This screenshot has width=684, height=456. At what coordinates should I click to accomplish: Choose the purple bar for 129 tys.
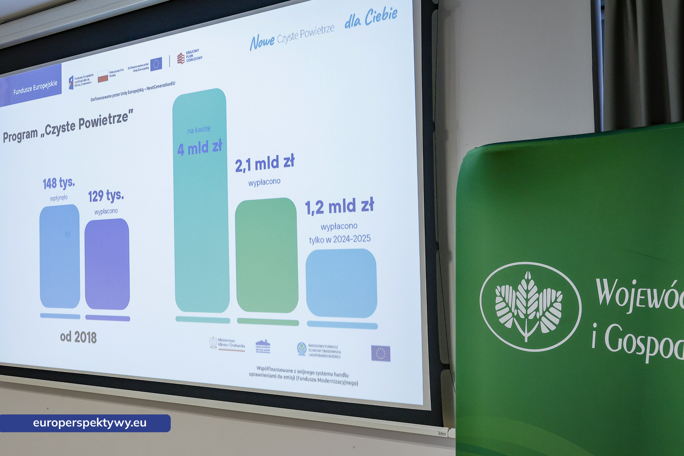click(x=107, y=264)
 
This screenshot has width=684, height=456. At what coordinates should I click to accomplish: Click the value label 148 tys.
click(x=59, y=183)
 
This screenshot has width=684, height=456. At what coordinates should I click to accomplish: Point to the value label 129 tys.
click(x=106, y=196)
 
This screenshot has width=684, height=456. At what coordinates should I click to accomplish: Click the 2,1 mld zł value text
click(x=265, y=163)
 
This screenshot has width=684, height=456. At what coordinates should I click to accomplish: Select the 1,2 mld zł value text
click(x=339, y=206)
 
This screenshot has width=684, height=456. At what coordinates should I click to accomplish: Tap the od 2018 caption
click(x=78, y=337)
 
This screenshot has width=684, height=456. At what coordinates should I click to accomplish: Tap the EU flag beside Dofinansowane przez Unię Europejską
click(x=156, y=64)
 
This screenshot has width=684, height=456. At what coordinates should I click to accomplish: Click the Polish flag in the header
click(x=103, y=76)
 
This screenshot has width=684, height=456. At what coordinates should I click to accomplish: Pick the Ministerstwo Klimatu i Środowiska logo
click(x=227, y=344)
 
